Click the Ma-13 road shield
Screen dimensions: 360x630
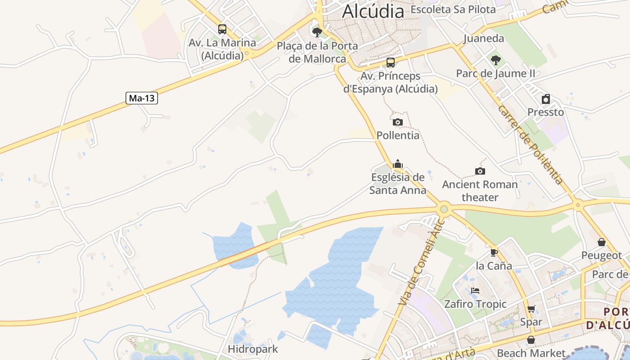(142, 98)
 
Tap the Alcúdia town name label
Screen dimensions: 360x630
(373, 11)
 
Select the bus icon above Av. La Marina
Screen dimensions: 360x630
(222, 29)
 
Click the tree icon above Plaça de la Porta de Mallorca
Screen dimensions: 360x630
(317, 32)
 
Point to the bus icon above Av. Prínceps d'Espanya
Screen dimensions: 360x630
(391, 63)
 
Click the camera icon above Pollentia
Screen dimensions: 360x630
(398, 122)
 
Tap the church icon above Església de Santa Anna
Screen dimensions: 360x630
(398, 164)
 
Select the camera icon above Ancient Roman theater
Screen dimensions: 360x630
(480, 171)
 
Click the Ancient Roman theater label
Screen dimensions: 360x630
(480, 191)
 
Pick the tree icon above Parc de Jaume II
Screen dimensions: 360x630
(495, 60)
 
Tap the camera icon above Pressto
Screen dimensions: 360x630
(546, 99)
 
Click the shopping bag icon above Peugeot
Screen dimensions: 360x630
(602, 242)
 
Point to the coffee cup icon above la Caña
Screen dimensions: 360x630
(494, 252)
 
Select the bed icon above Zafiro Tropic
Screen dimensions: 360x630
(475, 291)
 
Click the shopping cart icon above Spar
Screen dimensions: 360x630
(531, 309)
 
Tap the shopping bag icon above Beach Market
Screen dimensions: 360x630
(531, 340)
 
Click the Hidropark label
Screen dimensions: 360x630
(253, 349)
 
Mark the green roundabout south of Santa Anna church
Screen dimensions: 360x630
(444, 208)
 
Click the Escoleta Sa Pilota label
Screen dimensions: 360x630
(453, 9)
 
